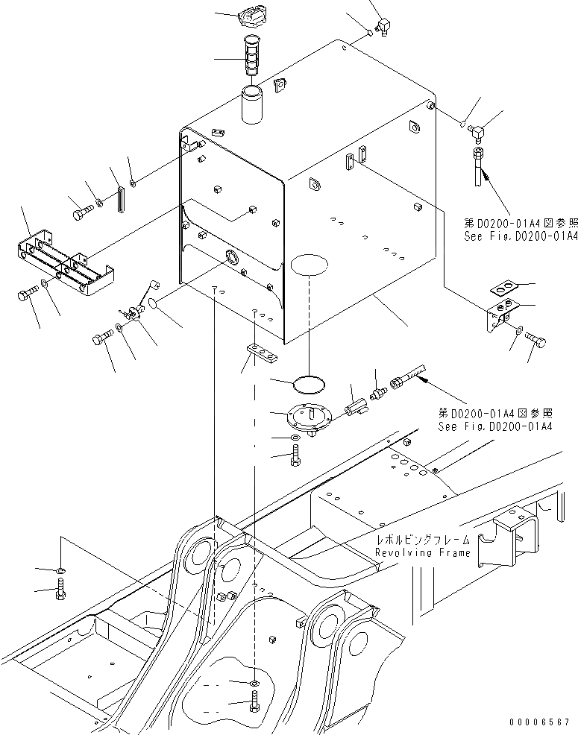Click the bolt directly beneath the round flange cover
tap(296, 455)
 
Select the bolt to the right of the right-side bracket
tap(536, 340)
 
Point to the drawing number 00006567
tap(540, 722)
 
